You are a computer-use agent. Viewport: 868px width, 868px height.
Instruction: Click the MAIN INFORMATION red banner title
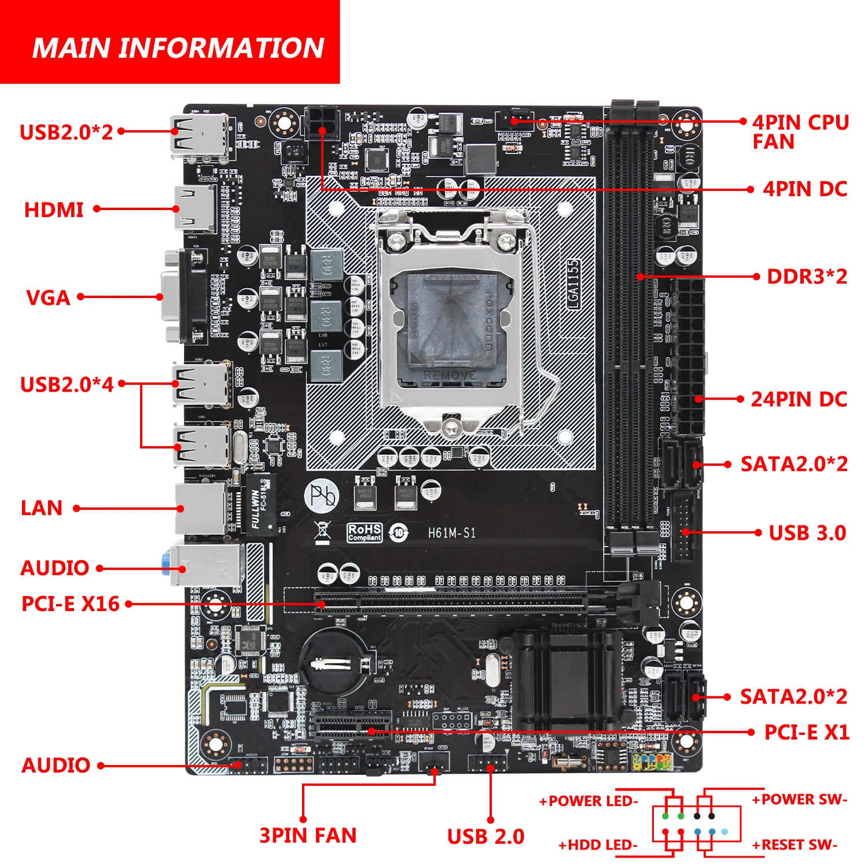178,47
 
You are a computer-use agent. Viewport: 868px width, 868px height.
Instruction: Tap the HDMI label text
54,209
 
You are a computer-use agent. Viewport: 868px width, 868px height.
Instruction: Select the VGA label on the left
48,298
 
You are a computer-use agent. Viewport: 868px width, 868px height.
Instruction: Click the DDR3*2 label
807,277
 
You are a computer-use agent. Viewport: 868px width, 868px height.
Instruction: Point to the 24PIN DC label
799,399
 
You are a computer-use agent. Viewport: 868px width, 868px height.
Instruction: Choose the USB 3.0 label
807,533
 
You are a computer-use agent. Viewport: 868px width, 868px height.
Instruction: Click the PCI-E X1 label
807,733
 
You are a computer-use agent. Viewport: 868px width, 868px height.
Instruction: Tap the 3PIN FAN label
308,836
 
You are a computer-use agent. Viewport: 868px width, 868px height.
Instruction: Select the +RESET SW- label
795,845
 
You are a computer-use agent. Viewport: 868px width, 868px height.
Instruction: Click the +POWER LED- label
589,801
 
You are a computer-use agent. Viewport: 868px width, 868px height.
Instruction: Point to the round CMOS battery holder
332,663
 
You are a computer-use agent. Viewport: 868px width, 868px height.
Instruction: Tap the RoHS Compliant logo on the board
365,532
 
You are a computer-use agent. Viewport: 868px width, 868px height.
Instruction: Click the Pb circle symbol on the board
322,495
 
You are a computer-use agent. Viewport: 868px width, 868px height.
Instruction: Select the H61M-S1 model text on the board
452,533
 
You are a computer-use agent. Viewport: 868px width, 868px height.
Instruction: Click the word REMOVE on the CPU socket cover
450,375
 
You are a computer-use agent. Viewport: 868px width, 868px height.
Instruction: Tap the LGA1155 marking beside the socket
572,284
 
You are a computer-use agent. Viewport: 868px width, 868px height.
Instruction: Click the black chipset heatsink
567,680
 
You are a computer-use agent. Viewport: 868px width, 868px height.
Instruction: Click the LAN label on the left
41,508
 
